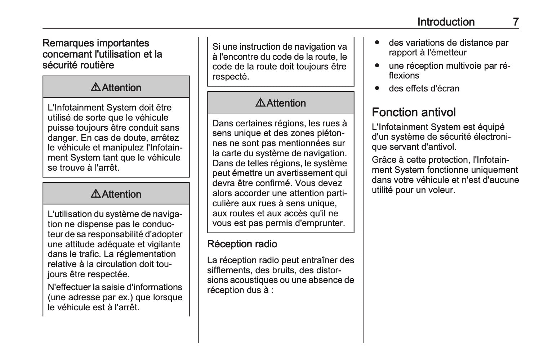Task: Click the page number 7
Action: (516, 22)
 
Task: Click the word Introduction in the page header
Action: (446, 22)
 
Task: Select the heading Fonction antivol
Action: (414, 112)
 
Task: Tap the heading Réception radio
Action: (242, 244)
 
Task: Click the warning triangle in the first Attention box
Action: (96, 87)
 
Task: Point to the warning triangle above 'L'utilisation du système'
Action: (96, 194)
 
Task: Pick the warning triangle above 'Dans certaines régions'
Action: (261, 103)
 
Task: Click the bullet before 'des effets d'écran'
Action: (377, 88)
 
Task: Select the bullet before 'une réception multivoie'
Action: (377, 66)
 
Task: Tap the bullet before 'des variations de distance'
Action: (377, 42)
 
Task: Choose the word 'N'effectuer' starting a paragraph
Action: (69, 287)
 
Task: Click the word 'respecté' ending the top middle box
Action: (230, 77)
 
